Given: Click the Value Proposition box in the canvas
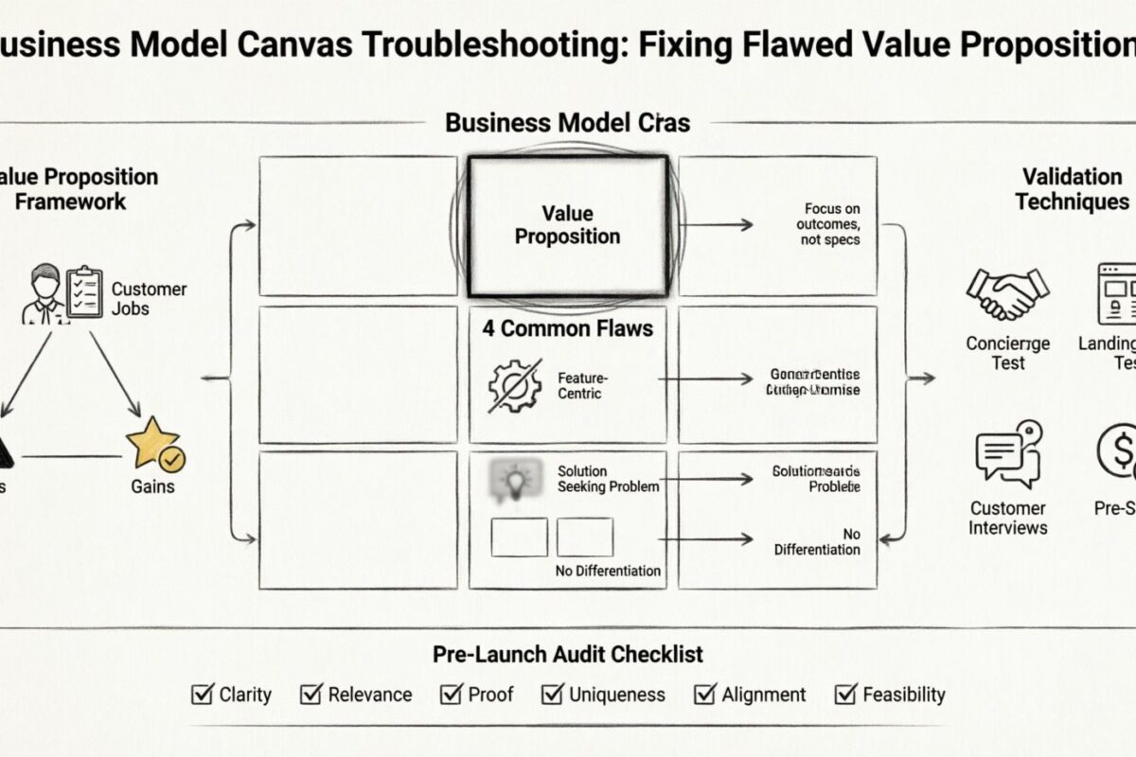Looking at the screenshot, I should [x=568, y=225].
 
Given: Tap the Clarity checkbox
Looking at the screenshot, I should [x=202, y=695].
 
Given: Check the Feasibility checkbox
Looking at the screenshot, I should [x=845, y=695].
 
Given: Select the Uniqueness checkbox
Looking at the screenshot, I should [x=552, y=695].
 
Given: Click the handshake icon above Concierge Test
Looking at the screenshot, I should [x=1007, y=292].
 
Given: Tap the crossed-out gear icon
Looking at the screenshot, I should [x=515, y=385].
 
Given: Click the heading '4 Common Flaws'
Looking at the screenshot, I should [x=567, y=329].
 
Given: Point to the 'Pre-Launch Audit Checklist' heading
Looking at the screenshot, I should [x=568, y=654].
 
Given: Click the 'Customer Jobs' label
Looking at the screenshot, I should [x=149, y=298].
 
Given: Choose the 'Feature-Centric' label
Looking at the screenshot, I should [x=579, y=385].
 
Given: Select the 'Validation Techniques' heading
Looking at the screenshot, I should [x=1072, y=188].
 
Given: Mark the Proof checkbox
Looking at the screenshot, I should [x=452, y=695].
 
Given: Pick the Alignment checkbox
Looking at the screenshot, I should [x=705, y=695].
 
